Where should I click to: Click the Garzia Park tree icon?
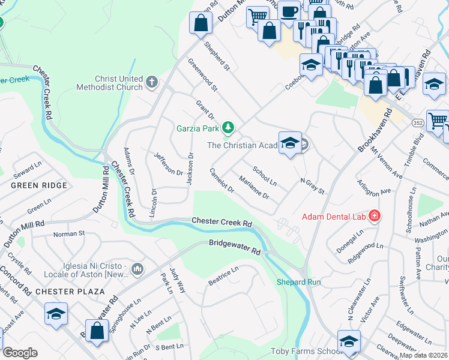pos(228,127)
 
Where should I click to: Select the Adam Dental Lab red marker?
pos(375,215)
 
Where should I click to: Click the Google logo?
pos(20,353)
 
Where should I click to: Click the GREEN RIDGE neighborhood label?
pos(38,185)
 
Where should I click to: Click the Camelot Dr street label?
pos(221,180)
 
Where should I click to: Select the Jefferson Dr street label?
pos(168,164)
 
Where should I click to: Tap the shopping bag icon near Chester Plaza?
pos(97,331)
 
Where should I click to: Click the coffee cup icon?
pos(289,11)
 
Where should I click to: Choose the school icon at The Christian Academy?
pos(290,143)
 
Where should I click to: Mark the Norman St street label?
pos(69,234)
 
